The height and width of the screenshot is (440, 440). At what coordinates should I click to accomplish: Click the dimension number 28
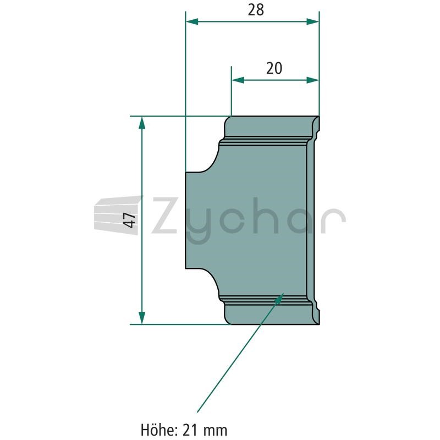[256, 10]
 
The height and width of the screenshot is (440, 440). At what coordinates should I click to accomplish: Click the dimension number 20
[274, 69]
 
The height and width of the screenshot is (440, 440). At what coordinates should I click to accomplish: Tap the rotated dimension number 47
[130, 221]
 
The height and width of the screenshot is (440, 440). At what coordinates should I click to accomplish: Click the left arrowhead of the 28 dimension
[192, 21]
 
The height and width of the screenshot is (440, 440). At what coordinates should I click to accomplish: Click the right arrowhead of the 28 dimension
[312, 21]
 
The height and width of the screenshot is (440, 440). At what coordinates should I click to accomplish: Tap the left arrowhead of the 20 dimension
[238, 80]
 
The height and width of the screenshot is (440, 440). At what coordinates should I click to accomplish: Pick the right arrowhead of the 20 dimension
[312, 80]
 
